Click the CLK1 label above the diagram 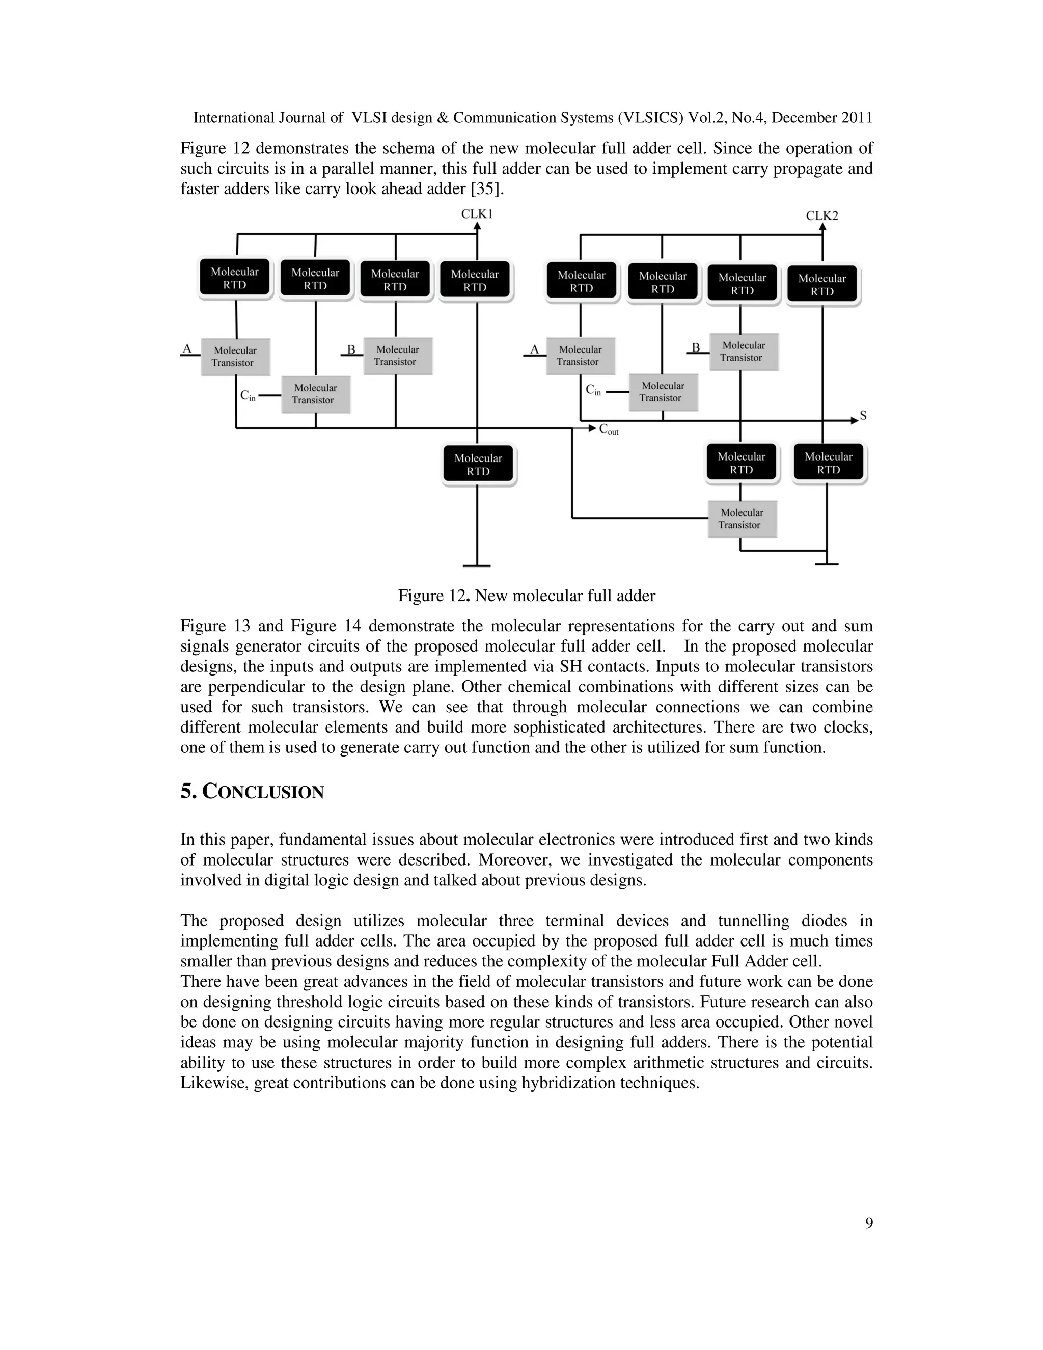pyautogui.click(x=476, y=214)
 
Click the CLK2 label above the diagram pyautogui.click(x=822, y=215)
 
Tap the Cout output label pyautogui.click(x=609, y=429)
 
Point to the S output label pyautogui.click(x=863, y=416)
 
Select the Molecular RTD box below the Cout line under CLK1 pyautogui.click(x=478, y=464)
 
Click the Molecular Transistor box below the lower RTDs pyautogui.click(x=742, y=519)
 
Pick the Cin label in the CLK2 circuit pyautogui.click(x=593, y=391)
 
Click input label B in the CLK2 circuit pyautogui.click(x=695, y=348)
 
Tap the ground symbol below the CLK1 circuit pyautogui.click(x=476, y=565)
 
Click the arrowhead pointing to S pyautogui.click(x=855, y=420)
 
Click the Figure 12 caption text pyautogui.click(x=527, y=596)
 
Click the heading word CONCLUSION pyautogui.click(x=263, y=793)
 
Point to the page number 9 pyautogui.click(x=869, y=1223)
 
